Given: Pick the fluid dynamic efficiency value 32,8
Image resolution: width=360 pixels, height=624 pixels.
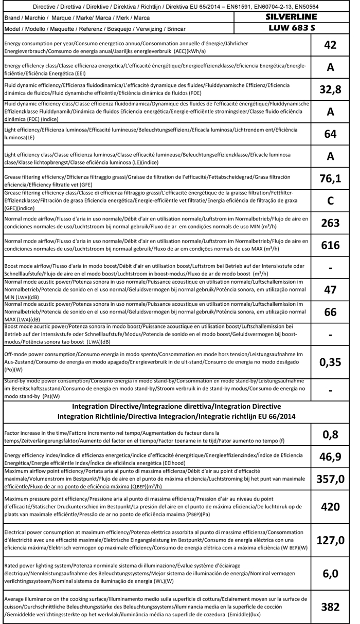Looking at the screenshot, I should coord(330,90).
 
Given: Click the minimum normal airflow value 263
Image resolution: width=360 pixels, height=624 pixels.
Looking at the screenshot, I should coord(330,223).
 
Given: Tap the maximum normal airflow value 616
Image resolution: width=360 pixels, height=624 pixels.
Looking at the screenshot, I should coord(330,245).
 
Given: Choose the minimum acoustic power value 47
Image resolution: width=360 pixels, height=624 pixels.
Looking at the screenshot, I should coord(330,290).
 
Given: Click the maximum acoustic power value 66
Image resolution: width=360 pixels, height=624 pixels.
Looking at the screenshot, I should coord(330,312).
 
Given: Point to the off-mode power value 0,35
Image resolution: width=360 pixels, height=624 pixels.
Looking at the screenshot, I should coord(330,362).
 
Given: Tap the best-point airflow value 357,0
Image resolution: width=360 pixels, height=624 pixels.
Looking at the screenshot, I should coord(330,480).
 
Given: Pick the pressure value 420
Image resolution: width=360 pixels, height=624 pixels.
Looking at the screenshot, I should coord(330,506).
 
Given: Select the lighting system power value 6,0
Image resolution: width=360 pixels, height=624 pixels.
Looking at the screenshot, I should coord(330,574).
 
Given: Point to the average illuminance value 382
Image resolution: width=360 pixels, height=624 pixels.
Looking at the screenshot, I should coord(330,607).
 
